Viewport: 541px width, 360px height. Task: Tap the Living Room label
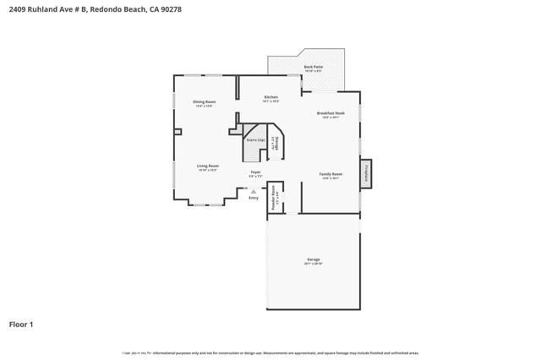208,166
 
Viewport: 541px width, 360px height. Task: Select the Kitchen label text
270,97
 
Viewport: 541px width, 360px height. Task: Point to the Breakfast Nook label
331,113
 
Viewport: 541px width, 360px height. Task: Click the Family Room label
331,174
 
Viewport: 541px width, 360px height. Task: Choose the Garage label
313,259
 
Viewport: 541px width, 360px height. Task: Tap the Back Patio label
313,66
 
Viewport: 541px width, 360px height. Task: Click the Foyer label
255,172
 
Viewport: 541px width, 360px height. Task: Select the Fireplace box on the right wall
366,173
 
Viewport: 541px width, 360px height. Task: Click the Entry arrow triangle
254,191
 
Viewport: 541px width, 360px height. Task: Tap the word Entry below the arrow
254,198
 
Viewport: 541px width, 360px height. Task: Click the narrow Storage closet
274,143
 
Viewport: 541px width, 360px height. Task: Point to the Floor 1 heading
21,324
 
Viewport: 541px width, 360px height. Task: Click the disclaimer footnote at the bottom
270,353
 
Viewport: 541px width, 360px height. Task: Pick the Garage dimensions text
313,264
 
